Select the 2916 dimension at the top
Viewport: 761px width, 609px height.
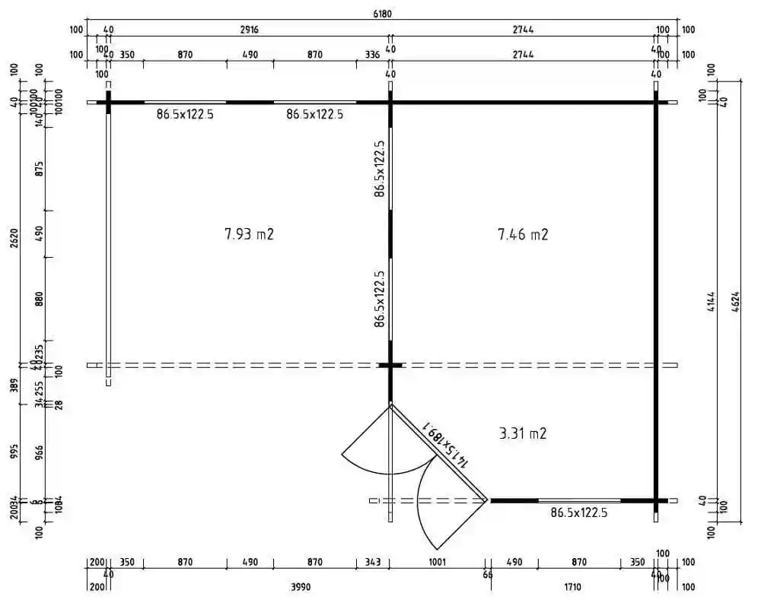[x=249, y=30]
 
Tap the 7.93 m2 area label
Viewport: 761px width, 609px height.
[x=249, y=234]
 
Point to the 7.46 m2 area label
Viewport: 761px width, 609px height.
[x=523, y=234]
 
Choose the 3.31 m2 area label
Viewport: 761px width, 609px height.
[x=523, y=434]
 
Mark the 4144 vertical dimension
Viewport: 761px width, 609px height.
[x=712, y=310]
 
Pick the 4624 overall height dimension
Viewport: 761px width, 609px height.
[x=736, y=310]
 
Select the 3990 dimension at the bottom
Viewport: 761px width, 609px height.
[x=302, y=587]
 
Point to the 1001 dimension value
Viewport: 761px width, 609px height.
[x=437, y=563]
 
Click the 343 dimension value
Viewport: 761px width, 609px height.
[x=372, y=563]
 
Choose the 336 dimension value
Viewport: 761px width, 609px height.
[x=372, y=55]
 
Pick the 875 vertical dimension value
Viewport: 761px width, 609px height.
[x=40, y=168]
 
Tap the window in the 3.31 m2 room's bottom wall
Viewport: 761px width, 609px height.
[x=579, y=500]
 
